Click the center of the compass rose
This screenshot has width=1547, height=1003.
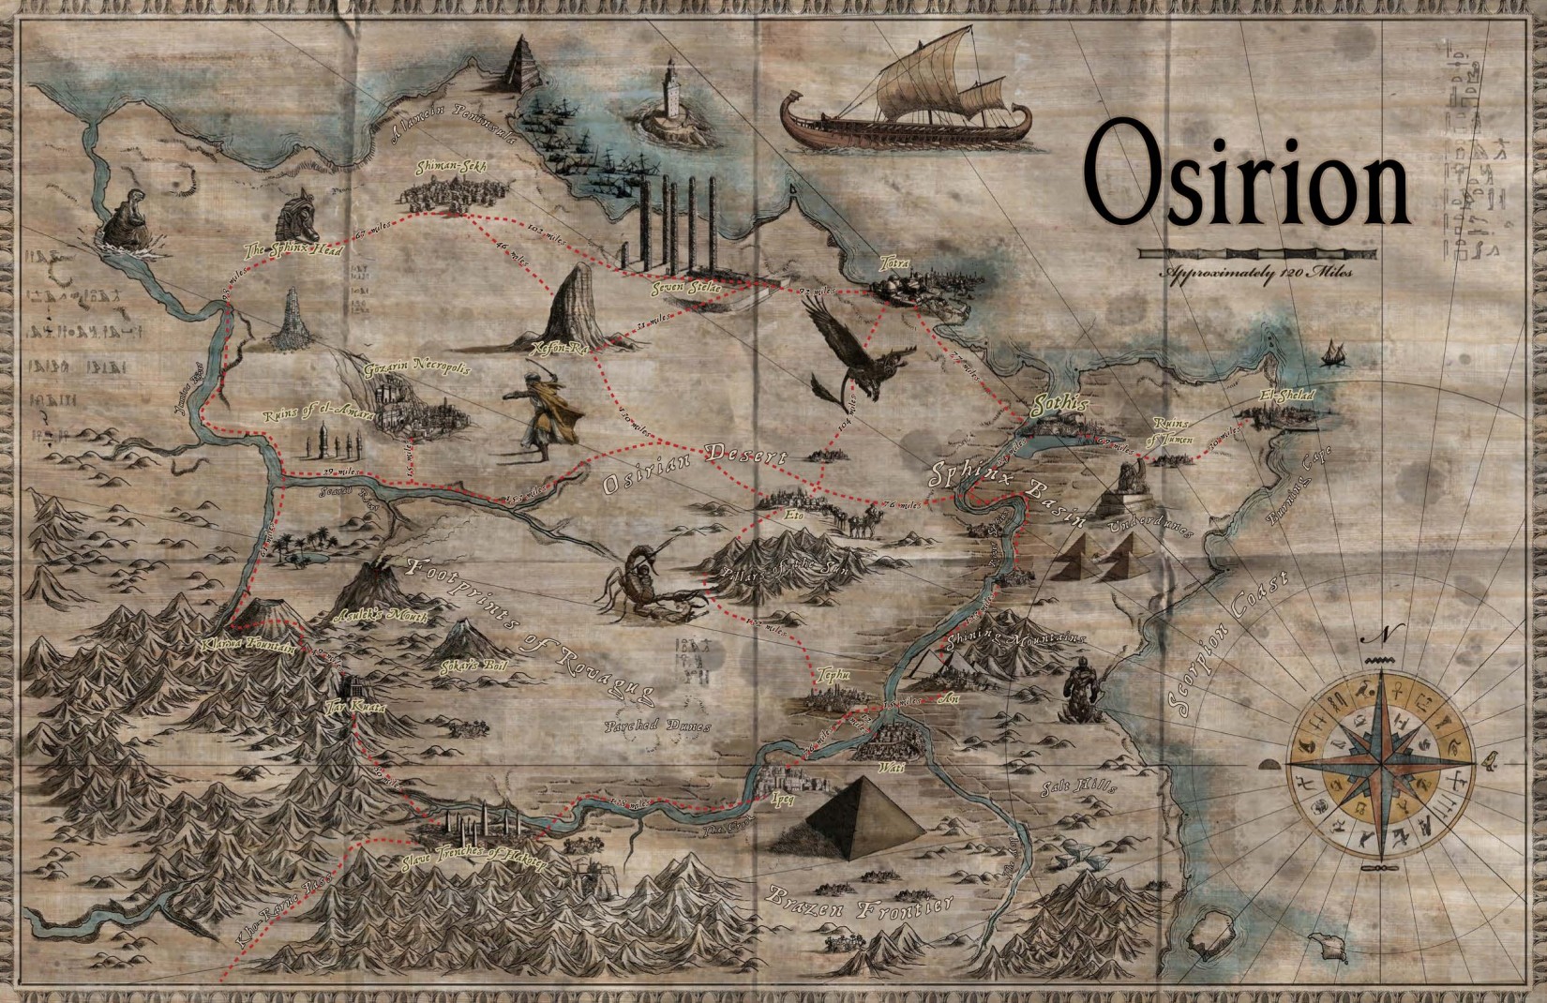[x=1382, y=754]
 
